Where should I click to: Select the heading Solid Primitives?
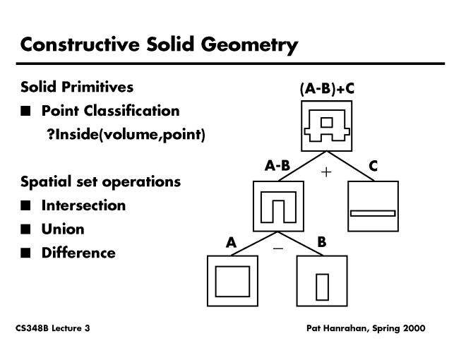tap(77, 88)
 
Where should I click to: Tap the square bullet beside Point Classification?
tap(26, 111)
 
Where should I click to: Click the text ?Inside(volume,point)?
tap(126, 134)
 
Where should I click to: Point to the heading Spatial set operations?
tap(100, 181)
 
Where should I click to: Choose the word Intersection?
tap(83, 205)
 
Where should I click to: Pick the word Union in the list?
tap(63, 229)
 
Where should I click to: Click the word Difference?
tap(78, 252)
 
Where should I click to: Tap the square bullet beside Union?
tap(26, 229)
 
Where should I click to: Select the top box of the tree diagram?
tap(326, 126)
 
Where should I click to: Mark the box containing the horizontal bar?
tap(373, 206)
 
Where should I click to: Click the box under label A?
tap(232, 281)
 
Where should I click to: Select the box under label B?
tap(323, 281)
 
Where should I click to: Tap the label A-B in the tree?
tap(277, 166)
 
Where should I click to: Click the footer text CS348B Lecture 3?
tap(52, 328)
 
